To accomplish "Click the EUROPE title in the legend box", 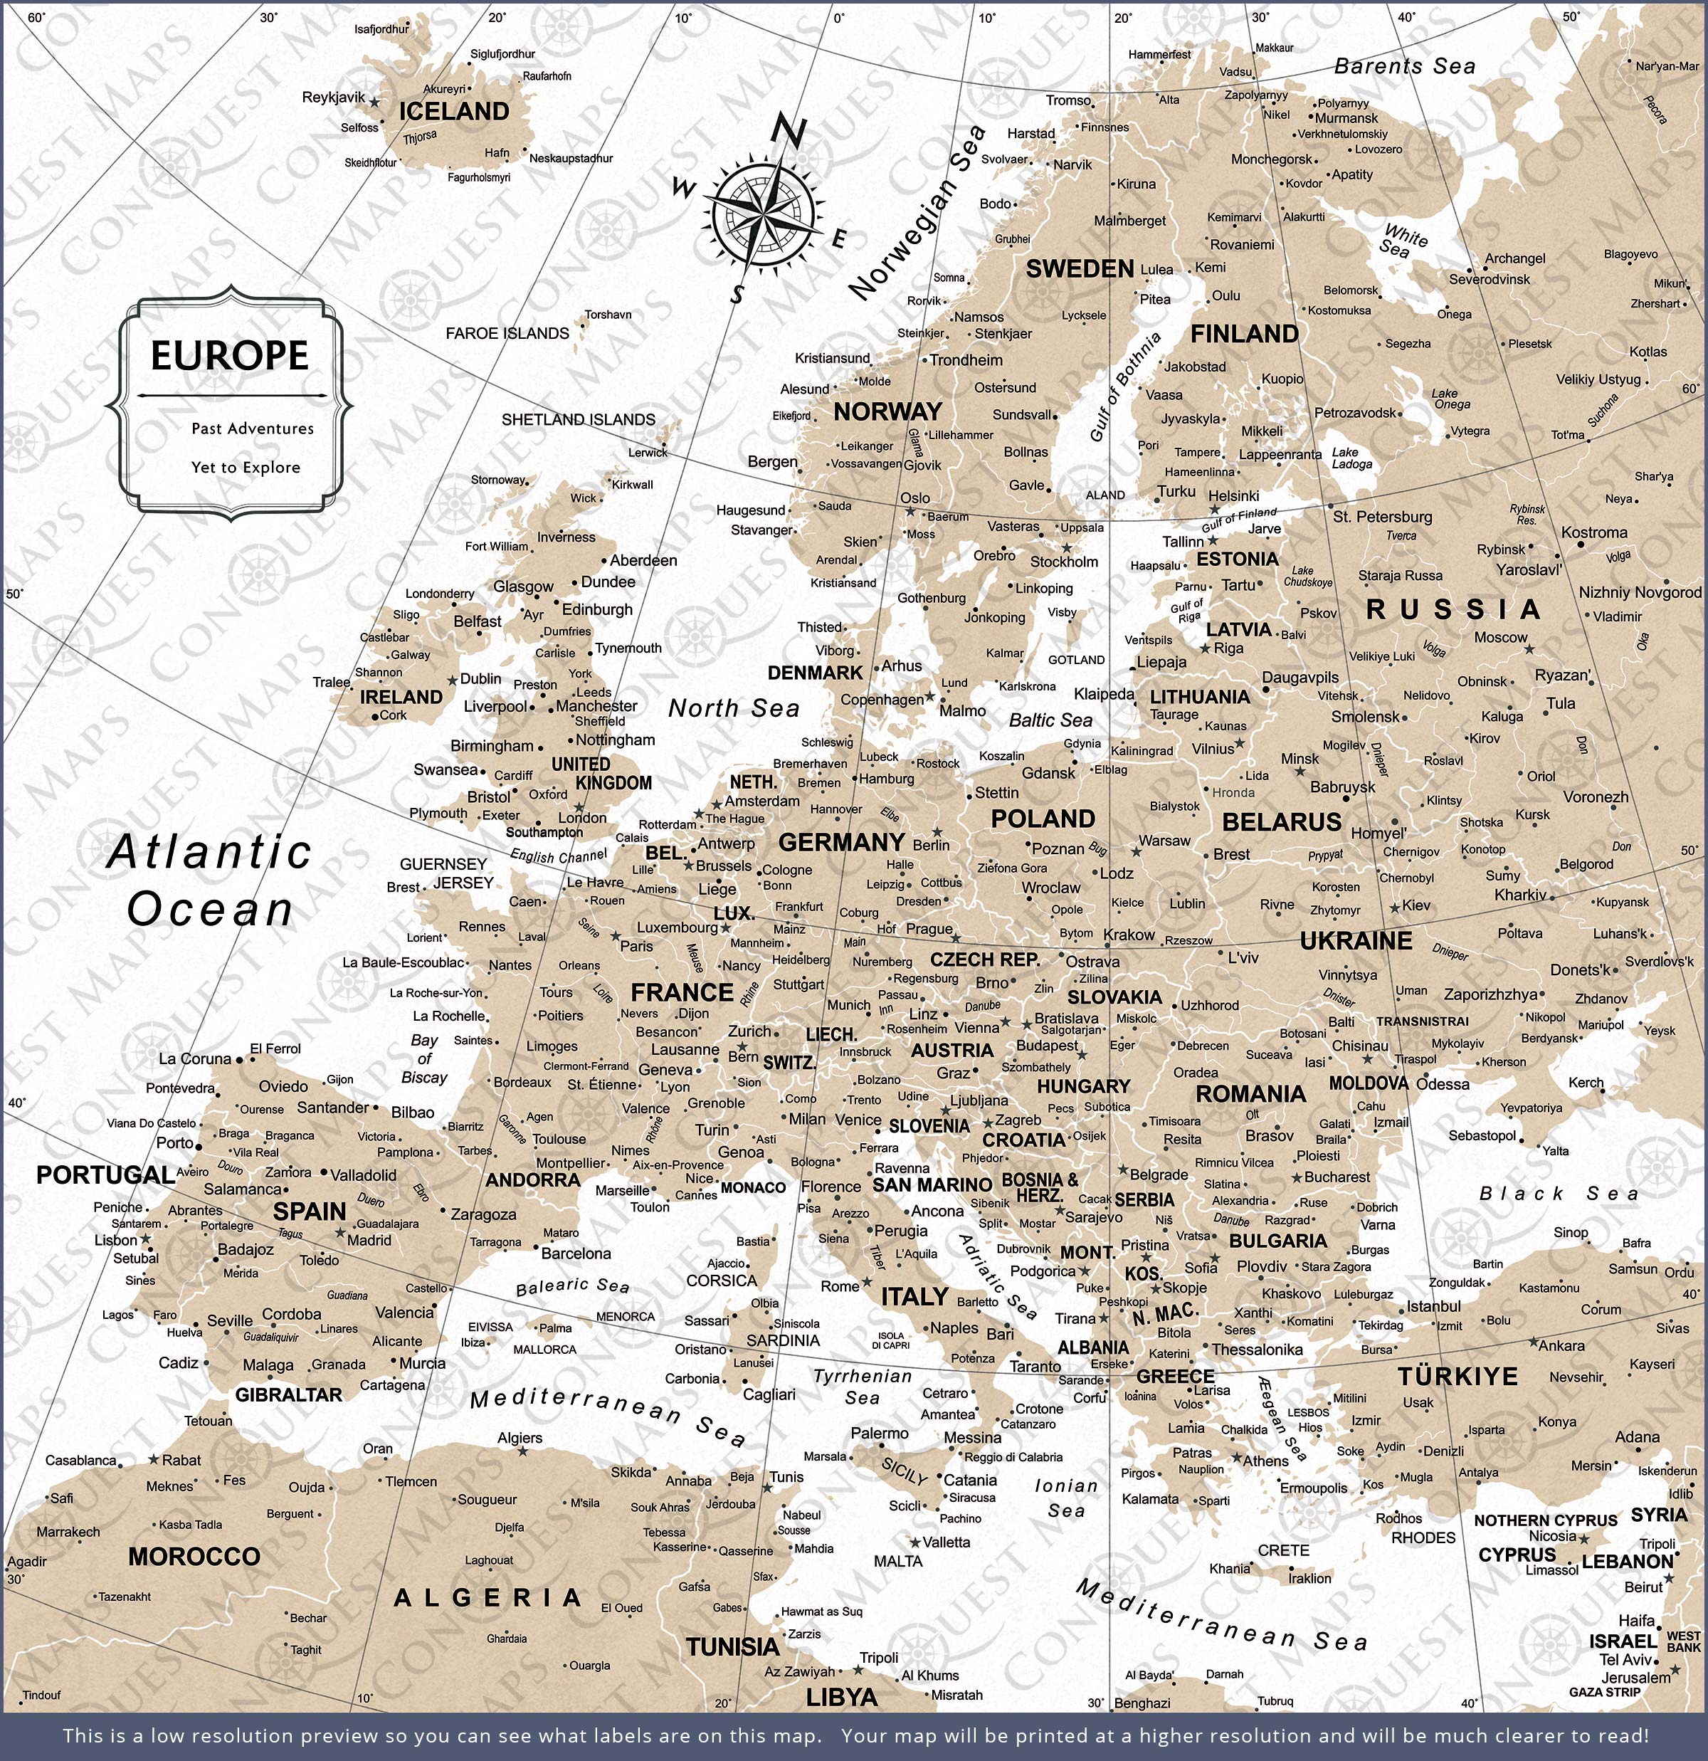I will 229,356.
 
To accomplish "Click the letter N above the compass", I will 789,131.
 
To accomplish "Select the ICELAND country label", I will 454,112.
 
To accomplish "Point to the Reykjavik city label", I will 333,97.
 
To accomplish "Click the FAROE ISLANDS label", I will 507,333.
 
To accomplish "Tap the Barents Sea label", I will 1404,66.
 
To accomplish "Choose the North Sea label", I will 733,708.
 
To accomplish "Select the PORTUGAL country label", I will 105,1175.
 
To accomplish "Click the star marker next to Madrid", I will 339,1234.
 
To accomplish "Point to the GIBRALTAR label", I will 288,1394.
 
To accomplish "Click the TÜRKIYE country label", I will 1457,1377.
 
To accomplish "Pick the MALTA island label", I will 897,1562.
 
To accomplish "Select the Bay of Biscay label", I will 424,1058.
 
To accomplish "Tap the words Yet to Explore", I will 246,467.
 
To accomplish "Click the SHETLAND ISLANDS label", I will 578,419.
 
